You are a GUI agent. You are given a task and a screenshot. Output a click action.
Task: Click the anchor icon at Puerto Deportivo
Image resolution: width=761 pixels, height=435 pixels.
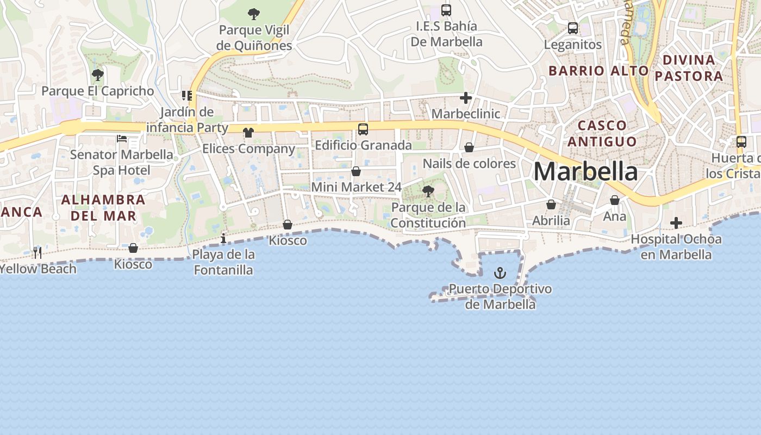(x=500, y=273)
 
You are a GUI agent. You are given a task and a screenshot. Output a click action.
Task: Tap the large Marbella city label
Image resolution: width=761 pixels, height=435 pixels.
(x=585, y=172)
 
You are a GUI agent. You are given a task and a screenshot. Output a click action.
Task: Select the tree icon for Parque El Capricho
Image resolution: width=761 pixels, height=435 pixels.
(x=98, y=74)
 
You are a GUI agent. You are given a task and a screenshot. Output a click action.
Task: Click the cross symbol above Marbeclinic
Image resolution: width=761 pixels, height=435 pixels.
(x=465, y=98)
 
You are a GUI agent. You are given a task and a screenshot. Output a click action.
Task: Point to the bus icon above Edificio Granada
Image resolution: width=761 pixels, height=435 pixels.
(x=363, y=129)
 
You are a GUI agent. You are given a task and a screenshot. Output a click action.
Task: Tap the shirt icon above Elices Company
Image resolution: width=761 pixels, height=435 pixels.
(x=248, y=132)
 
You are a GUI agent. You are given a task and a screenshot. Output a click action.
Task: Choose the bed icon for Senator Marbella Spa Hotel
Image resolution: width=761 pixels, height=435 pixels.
(x=122, y=139)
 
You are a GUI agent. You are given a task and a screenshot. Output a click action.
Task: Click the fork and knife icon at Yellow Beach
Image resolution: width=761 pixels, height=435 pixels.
(x=38, y=252)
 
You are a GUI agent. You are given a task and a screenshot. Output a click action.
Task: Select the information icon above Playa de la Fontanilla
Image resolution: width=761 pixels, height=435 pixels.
(x=223, y=238)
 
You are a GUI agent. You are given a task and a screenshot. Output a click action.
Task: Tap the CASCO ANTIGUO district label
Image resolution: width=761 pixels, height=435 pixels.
(x=602, y=133)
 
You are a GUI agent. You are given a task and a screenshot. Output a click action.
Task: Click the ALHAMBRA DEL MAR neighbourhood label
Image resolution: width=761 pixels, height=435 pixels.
(x=103, y=208)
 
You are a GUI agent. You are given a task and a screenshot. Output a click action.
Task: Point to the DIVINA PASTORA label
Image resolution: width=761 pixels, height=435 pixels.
(x=689, y=67)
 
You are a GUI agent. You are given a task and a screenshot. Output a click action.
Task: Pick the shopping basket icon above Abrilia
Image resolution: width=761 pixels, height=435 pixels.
(x=551, y=204)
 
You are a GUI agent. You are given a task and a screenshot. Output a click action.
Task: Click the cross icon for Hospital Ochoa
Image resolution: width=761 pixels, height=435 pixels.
(x=676, y=223)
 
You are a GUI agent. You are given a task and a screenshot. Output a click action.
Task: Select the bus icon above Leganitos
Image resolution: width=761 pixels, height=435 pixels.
(x=573, y=28)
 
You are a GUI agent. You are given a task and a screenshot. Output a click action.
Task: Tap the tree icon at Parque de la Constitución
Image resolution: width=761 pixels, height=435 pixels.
(x=428, y=191)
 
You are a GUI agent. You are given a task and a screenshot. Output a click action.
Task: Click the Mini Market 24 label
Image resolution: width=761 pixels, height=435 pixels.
(x=356, y=187)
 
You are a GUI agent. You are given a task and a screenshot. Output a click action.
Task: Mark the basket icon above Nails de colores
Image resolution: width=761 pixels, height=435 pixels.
(x=469, y=147)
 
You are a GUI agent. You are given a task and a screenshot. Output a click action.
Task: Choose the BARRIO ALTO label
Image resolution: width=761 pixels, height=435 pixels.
(x=598, y=71)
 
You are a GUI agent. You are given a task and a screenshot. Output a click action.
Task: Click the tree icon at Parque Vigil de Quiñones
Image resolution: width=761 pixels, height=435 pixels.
(x=254, y=14)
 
